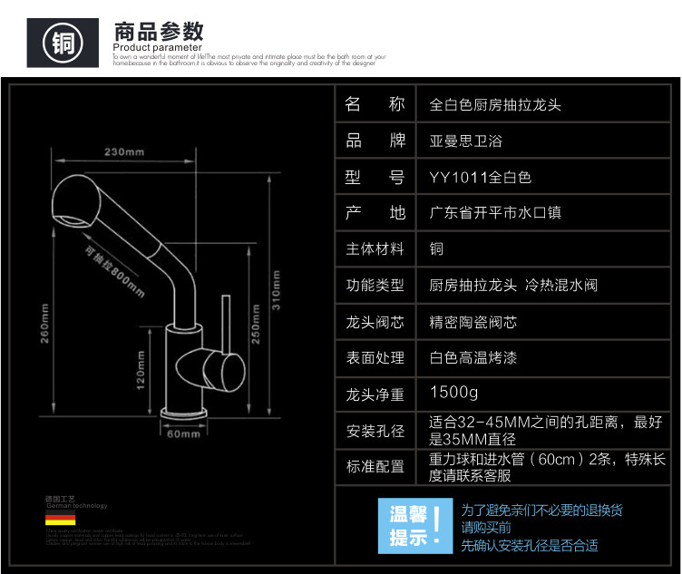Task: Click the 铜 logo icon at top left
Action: point(63,42)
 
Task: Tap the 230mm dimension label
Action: point(124,151)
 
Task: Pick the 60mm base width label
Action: point(184,434)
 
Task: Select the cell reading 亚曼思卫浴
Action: point(465,141)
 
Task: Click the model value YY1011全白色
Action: point(480,177)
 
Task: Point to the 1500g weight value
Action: point(453,394)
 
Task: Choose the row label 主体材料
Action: point(375,249)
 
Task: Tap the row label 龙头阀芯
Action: point(375,322)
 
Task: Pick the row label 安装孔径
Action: point(375,430)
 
